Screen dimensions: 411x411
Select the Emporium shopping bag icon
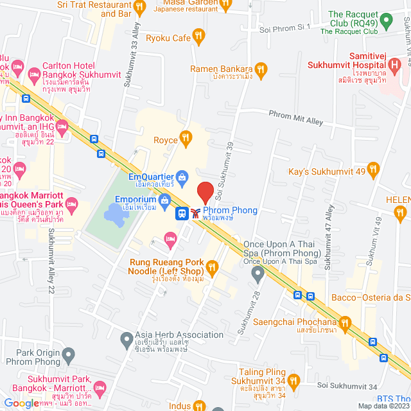166,200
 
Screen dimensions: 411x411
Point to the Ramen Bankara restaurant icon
260,69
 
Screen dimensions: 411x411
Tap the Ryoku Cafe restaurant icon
199,37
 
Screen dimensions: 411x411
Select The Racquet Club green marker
386,23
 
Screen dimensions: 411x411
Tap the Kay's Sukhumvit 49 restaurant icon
374,170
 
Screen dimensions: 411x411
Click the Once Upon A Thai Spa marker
258,275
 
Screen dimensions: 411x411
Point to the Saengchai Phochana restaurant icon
345,322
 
